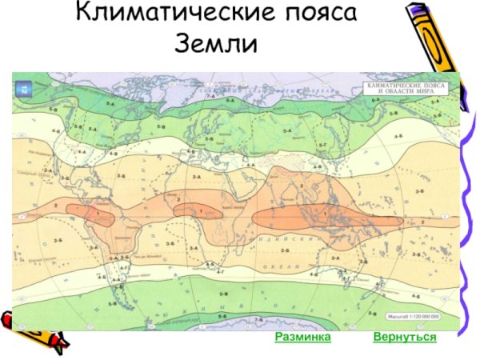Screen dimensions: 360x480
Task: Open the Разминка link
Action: [x=302, y=337]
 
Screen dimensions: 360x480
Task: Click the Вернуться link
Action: [x=404, y=337]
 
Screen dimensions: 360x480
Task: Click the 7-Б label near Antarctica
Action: [x=258, y=321]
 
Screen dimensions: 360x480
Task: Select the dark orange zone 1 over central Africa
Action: [x=202, y=211]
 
